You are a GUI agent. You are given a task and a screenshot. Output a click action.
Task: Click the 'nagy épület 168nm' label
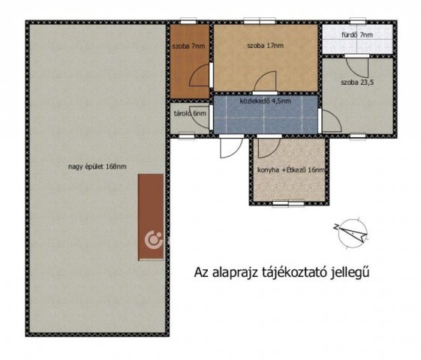tap(98, 166)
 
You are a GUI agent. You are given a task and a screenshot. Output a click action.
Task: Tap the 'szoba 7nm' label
tap(188, 46)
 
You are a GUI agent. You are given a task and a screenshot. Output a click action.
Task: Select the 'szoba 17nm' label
tap(265, 46)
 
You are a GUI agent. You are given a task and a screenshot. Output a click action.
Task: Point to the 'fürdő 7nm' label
tap(357, 34)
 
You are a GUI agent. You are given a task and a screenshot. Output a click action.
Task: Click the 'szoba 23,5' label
tap(357, 82)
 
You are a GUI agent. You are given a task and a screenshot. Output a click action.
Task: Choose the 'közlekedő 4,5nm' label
tap(265, 101)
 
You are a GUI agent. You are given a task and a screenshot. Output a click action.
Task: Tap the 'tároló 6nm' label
tap(190, 113)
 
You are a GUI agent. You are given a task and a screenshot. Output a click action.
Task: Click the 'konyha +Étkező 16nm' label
tap(291, 170)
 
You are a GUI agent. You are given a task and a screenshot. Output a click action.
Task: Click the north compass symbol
tap(352, 232)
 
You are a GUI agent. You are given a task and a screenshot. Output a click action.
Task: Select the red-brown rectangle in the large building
tap(151, 217)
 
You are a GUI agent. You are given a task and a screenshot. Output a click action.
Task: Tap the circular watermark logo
tap(154, 239)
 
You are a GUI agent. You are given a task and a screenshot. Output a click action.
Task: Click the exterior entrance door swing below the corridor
tap(230, 148)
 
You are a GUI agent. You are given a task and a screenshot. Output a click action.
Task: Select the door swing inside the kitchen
tap(269, 148)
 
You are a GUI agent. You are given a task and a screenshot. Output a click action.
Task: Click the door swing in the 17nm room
tap(265, 81)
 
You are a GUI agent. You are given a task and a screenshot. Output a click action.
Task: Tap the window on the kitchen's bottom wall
tap(288, 204)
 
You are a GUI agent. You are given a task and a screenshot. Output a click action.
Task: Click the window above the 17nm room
tap(260, 21)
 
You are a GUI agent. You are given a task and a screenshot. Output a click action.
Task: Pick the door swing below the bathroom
tap(357, 67)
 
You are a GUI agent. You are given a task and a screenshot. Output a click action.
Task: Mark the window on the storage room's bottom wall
tap(187, 136)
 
